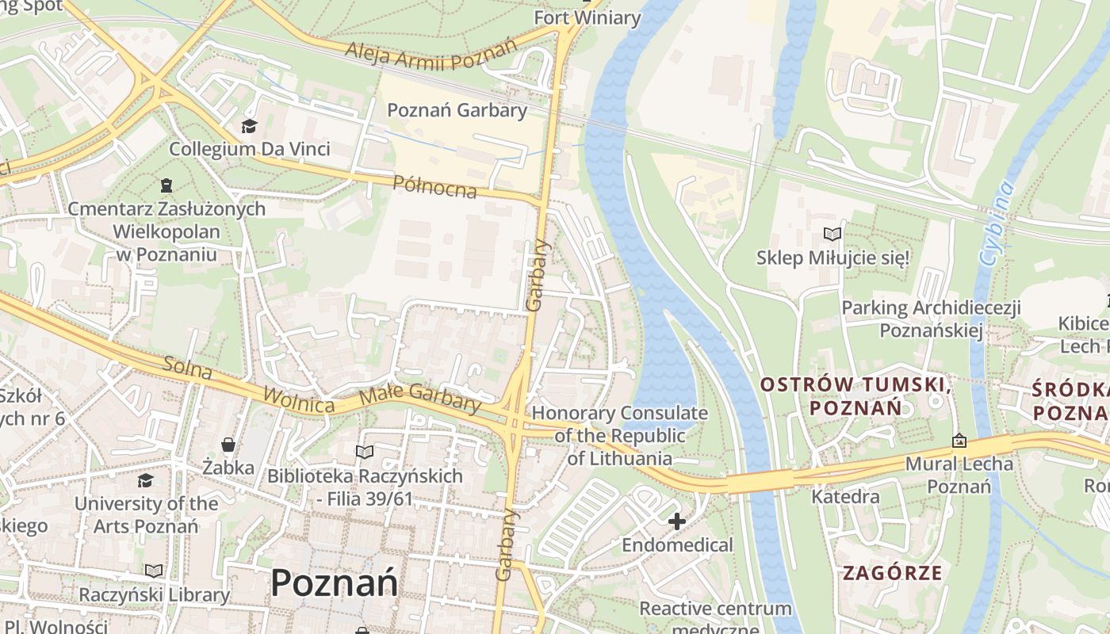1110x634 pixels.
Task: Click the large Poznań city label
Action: pos(334,583)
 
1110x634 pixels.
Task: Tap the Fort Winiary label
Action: pos(587,17)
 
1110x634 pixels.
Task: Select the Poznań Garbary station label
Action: pos(457,110)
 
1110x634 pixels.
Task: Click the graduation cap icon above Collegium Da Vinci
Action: pos(250,127)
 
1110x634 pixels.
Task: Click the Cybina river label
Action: pos(997,223)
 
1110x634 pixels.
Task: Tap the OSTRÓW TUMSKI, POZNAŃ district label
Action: pos(855,396)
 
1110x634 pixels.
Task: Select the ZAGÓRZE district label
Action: pos(893,573)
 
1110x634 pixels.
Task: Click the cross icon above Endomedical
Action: pos(676,521)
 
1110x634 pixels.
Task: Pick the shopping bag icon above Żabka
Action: pos(228,445)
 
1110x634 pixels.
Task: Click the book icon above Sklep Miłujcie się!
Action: pos(832,234)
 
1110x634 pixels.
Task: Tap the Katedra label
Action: pos(845,497)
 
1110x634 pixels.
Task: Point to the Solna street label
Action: pos(189,369)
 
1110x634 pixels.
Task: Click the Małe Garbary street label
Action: pos(420,397)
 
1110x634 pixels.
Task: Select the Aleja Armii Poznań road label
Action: pos(431,54)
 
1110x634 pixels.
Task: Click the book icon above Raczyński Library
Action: pos(154,571)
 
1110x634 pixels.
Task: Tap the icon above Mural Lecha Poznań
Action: pos(959,441)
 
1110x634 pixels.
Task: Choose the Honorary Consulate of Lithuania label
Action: pos(619,435)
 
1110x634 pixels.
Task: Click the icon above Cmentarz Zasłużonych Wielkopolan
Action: pos(166,185)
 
